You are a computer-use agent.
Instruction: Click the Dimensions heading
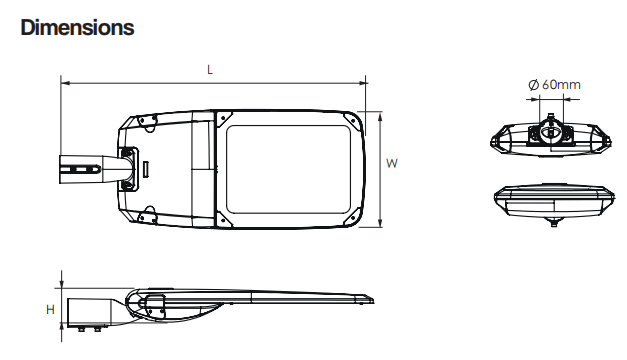77,28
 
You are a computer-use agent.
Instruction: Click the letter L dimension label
210,70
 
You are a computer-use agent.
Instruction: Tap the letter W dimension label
391,163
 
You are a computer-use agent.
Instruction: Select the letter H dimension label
50,310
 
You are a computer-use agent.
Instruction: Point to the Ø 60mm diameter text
554,85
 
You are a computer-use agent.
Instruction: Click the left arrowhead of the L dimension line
65,83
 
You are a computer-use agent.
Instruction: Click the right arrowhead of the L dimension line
362,83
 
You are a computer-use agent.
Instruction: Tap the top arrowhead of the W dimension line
380,116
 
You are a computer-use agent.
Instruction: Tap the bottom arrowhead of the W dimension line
380,222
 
